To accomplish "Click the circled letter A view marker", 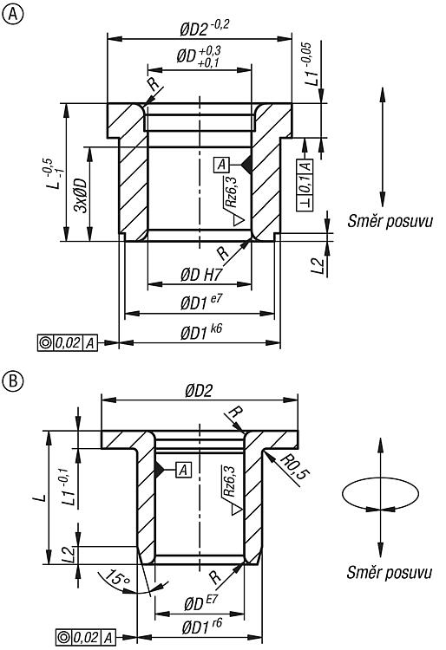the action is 13,14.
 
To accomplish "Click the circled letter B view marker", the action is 13,380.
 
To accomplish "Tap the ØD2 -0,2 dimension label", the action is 205,29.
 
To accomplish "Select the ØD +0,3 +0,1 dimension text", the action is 199,56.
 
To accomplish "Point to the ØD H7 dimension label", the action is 201,275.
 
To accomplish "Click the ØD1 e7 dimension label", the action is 201,302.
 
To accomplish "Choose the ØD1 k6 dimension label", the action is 201,332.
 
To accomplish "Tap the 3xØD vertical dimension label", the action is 81,195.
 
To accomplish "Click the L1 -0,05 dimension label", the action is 312,64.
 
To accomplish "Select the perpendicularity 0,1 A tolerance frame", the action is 305,185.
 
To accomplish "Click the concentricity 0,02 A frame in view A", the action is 68,343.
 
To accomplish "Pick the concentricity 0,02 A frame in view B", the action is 85,637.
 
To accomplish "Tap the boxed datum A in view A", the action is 222,165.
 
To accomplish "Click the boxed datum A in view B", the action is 184,470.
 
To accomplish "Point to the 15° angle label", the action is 117,577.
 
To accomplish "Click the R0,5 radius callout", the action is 296,466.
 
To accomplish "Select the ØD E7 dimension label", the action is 201,603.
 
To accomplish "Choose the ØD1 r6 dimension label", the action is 201,627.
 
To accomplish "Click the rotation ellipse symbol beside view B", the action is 380,493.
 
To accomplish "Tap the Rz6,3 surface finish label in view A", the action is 231,192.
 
